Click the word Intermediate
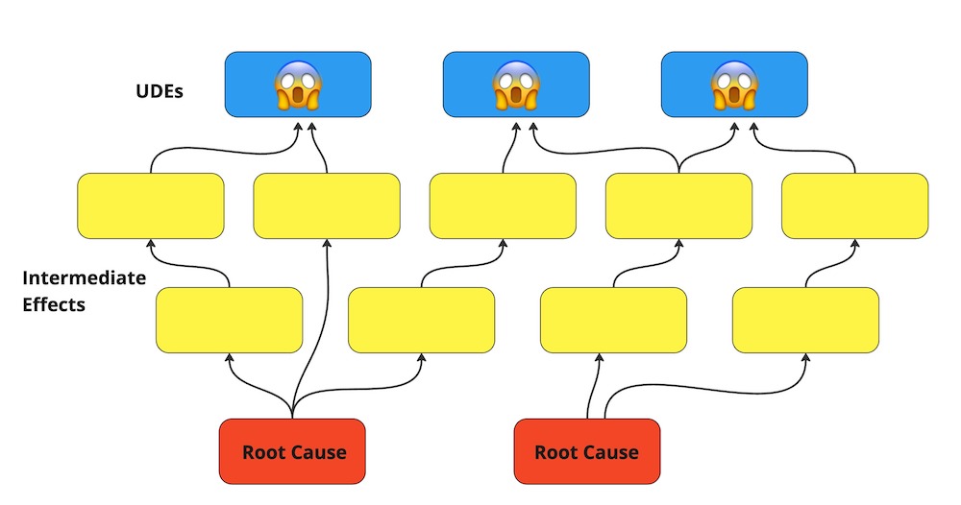(84, 278)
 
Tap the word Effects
(54, 305)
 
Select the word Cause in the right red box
(611, 452)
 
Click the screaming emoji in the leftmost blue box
(298, 84)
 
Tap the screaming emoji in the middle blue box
(515, 84)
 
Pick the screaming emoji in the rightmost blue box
(734, 84)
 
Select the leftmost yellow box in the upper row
(151, 205)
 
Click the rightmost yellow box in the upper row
(854, 205)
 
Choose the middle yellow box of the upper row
(503, 205)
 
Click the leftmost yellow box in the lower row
(229, 320)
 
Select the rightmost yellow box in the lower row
(805, 320)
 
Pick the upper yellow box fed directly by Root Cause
(327, 205)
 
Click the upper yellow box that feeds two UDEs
(678, 205)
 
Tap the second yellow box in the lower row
(421, 320)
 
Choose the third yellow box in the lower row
(613, 320)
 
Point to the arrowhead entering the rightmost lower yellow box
(805, 356)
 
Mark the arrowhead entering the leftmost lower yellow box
(229, 356)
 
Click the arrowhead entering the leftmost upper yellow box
(151, 242)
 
